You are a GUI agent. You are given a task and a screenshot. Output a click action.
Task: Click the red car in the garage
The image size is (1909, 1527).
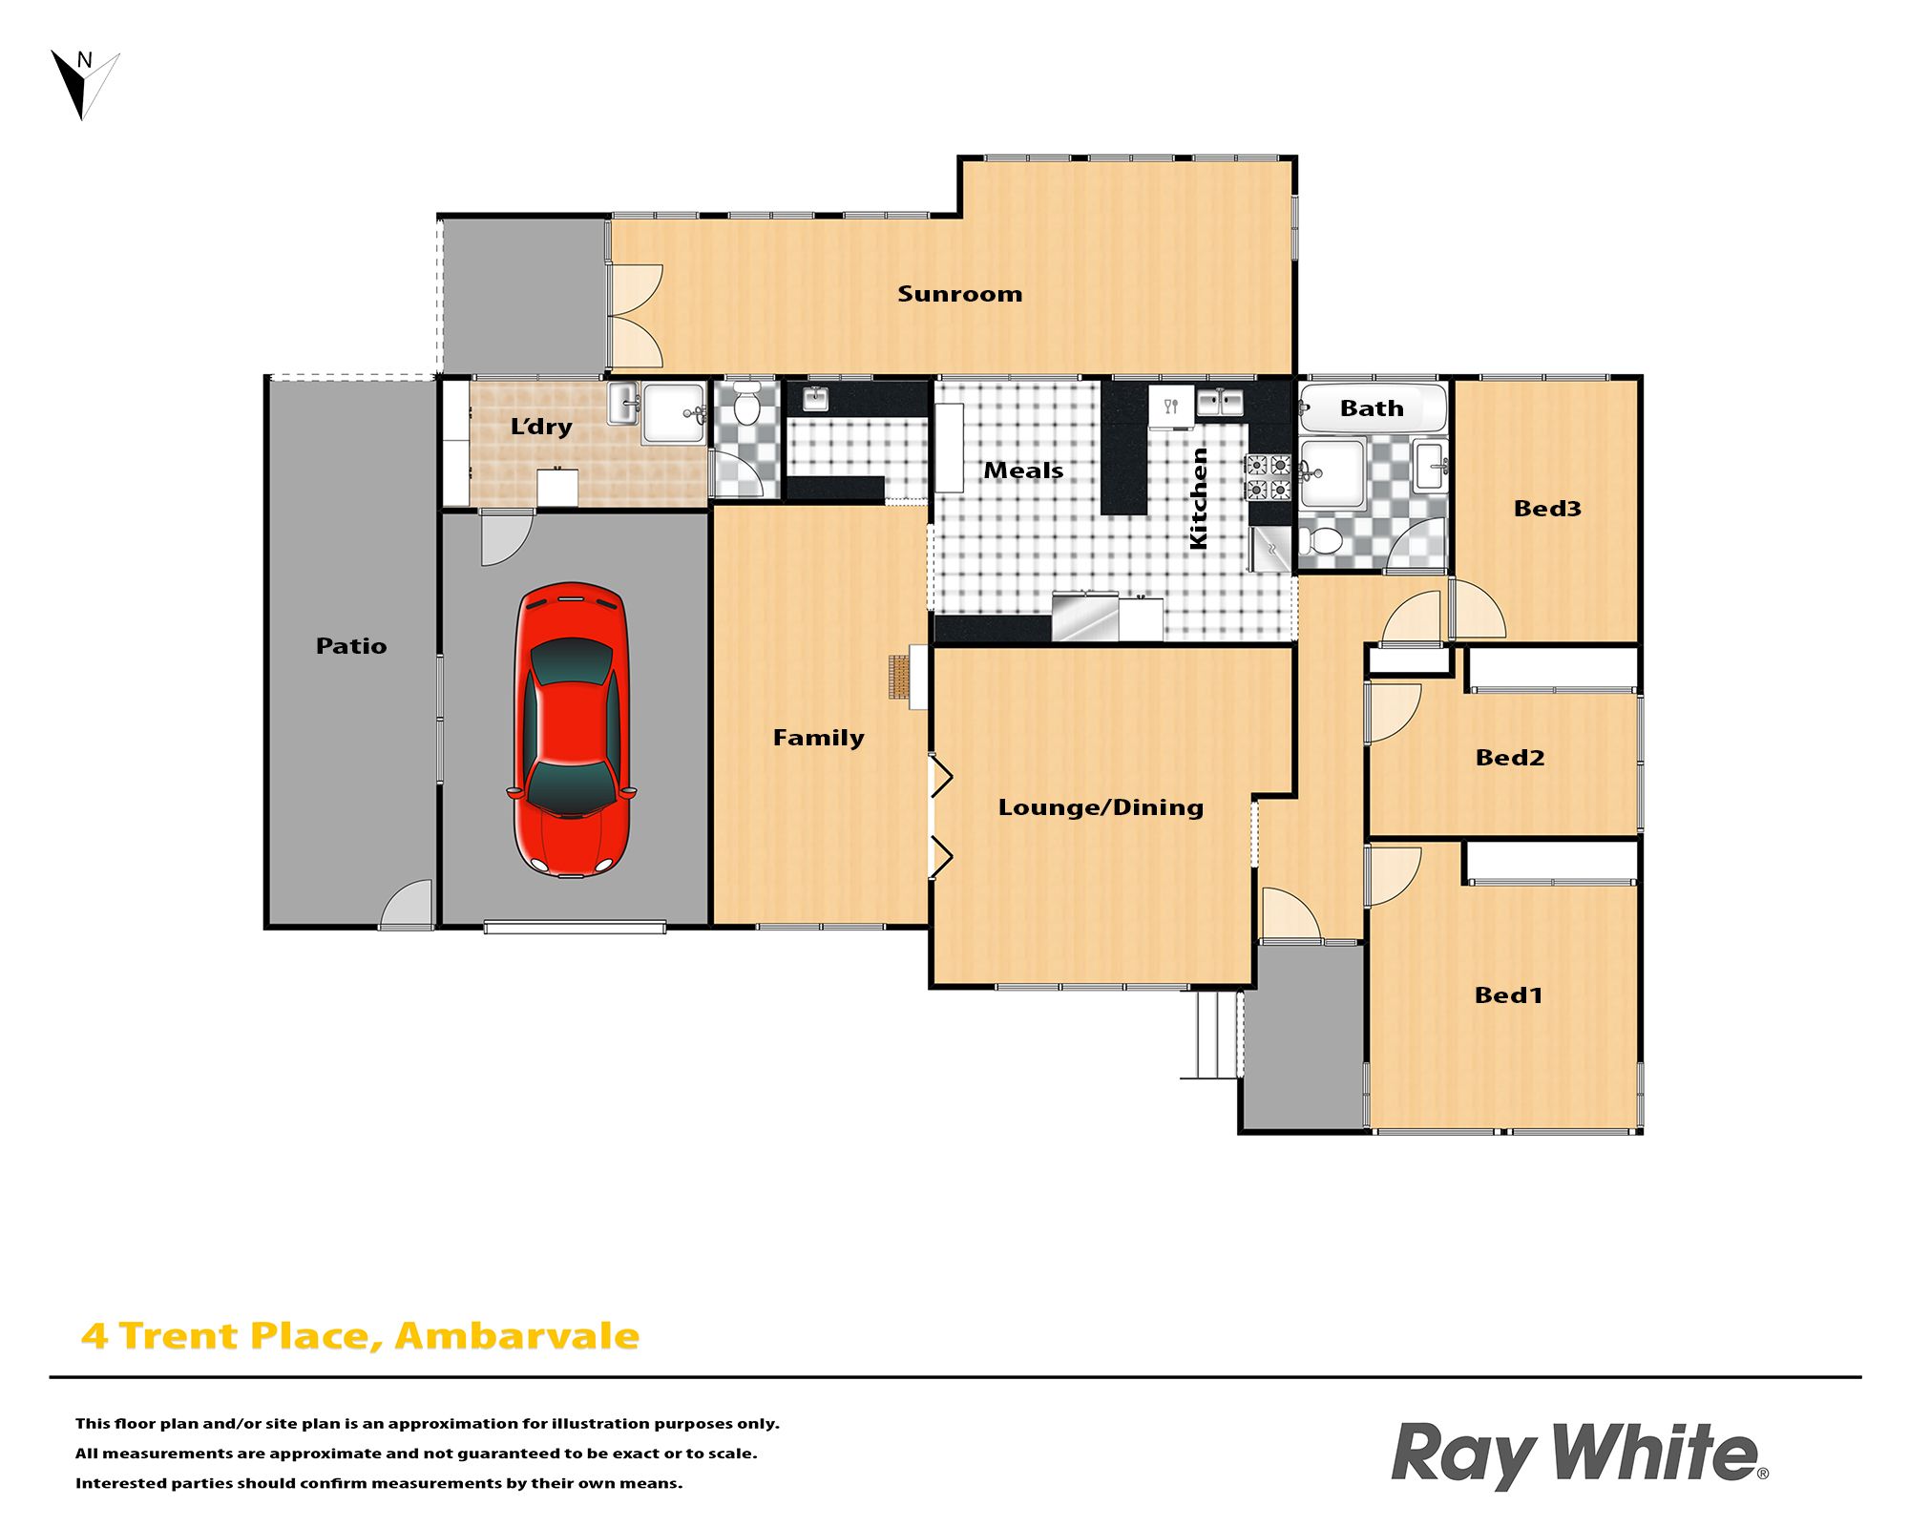(571, 730)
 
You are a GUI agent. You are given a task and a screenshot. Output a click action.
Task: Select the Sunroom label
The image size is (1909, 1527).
(959, 294)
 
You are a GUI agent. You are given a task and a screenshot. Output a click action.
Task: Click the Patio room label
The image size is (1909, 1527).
(351, 646)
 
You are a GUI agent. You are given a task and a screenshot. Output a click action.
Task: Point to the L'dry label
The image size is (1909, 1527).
(541, 427)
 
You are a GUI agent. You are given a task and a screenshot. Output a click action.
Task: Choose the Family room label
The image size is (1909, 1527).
(818, 738)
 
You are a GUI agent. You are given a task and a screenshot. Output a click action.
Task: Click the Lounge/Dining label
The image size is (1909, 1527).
(1101, 807)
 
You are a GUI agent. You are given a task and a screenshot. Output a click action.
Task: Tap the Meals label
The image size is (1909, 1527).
(1023, 471)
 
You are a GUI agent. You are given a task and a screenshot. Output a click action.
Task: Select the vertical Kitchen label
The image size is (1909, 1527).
(1198, 498)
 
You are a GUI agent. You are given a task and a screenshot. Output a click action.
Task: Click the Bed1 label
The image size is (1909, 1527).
(1508, 995)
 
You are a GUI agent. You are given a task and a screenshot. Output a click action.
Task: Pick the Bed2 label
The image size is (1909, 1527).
(1509, 758)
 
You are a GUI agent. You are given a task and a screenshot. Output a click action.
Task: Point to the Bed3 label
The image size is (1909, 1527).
(1547, 509)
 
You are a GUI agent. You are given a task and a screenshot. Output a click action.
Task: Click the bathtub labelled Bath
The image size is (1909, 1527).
(1373, 408)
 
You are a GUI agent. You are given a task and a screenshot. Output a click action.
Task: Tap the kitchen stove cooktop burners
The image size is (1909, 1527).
(1269, 477)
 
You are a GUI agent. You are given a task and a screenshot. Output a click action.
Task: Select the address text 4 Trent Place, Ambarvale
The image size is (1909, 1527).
(360, 1336)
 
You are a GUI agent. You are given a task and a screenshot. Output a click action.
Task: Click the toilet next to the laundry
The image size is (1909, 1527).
(746, 405)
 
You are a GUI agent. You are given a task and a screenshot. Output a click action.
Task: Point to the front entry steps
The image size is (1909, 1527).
(1210, 1035)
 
